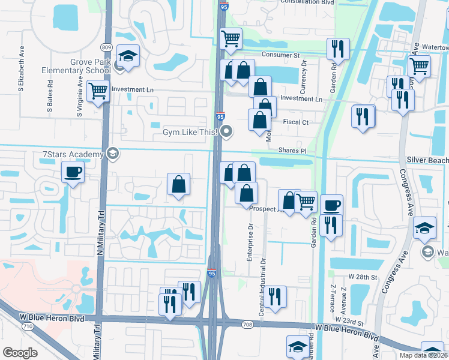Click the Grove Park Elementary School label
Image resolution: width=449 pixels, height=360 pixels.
click(76, 66)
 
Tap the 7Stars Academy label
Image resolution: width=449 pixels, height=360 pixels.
click(73, 155)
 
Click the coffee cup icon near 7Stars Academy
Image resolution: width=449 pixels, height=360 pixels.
click(74, 173)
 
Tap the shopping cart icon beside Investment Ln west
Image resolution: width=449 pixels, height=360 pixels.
click(98, 92)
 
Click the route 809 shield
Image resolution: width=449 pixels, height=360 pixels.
click(107, 47)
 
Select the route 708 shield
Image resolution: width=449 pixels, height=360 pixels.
click(247, 325)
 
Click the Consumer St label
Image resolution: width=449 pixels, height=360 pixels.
click(281, 55)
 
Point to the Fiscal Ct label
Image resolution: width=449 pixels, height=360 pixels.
click(295, 122)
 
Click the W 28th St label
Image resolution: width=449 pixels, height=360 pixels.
click(363, 277)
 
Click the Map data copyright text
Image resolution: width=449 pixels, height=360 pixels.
click(423, 355)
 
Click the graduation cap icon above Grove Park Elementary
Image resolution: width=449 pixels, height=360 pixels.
click(128, 56)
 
